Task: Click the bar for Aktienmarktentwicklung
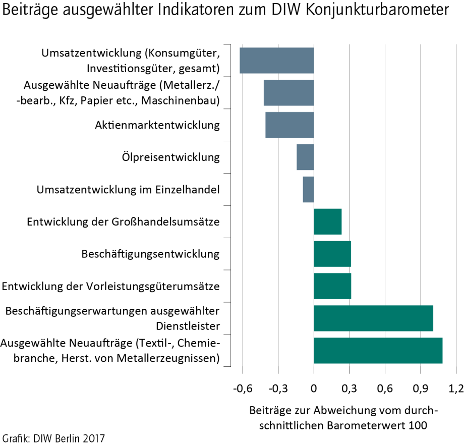[289, 125]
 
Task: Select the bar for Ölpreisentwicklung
[305, 157]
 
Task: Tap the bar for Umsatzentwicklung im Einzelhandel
[308, 189]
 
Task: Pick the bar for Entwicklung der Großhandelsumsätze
[327, 221]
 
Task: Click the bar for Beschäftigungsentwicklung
[332, 254]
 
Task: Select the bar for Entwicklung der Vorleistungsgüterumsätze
[332, 286]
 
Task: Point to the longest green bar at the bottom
[378, 351]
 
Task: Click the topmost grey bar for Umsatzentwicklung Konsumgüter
[276, 60]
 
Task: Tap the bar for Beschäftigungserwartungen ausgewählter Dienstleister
[373, 318]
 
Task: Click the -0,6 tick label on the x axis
[242, 388]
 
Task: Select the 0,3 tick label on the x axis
[350, 388]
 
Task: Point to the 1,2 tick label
[455, 388]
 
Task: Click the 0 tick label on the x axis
[314, 388]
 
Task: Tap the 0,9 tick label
[420, 388]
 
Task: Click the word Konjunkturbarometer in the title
[377, 11]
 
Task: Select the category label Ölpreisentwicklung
[171, 157]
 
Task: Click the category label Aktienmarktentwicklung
[157, 125]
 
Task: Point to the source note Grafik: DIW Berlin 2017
[53, 437]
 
